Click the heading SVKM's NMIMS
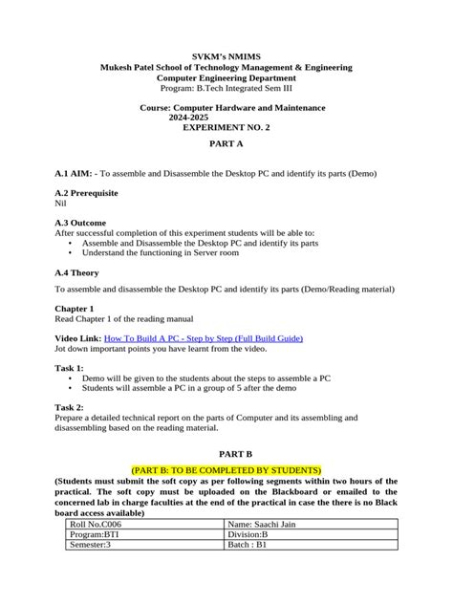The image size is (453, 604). click(x=226, y=55)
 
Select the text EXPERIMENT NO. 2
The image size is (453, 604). click(x=225, y=127)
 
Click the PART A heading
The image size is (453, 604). click(x=226, y=141)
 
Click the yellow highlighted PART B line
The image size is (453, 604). click(x=226, y=468)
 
